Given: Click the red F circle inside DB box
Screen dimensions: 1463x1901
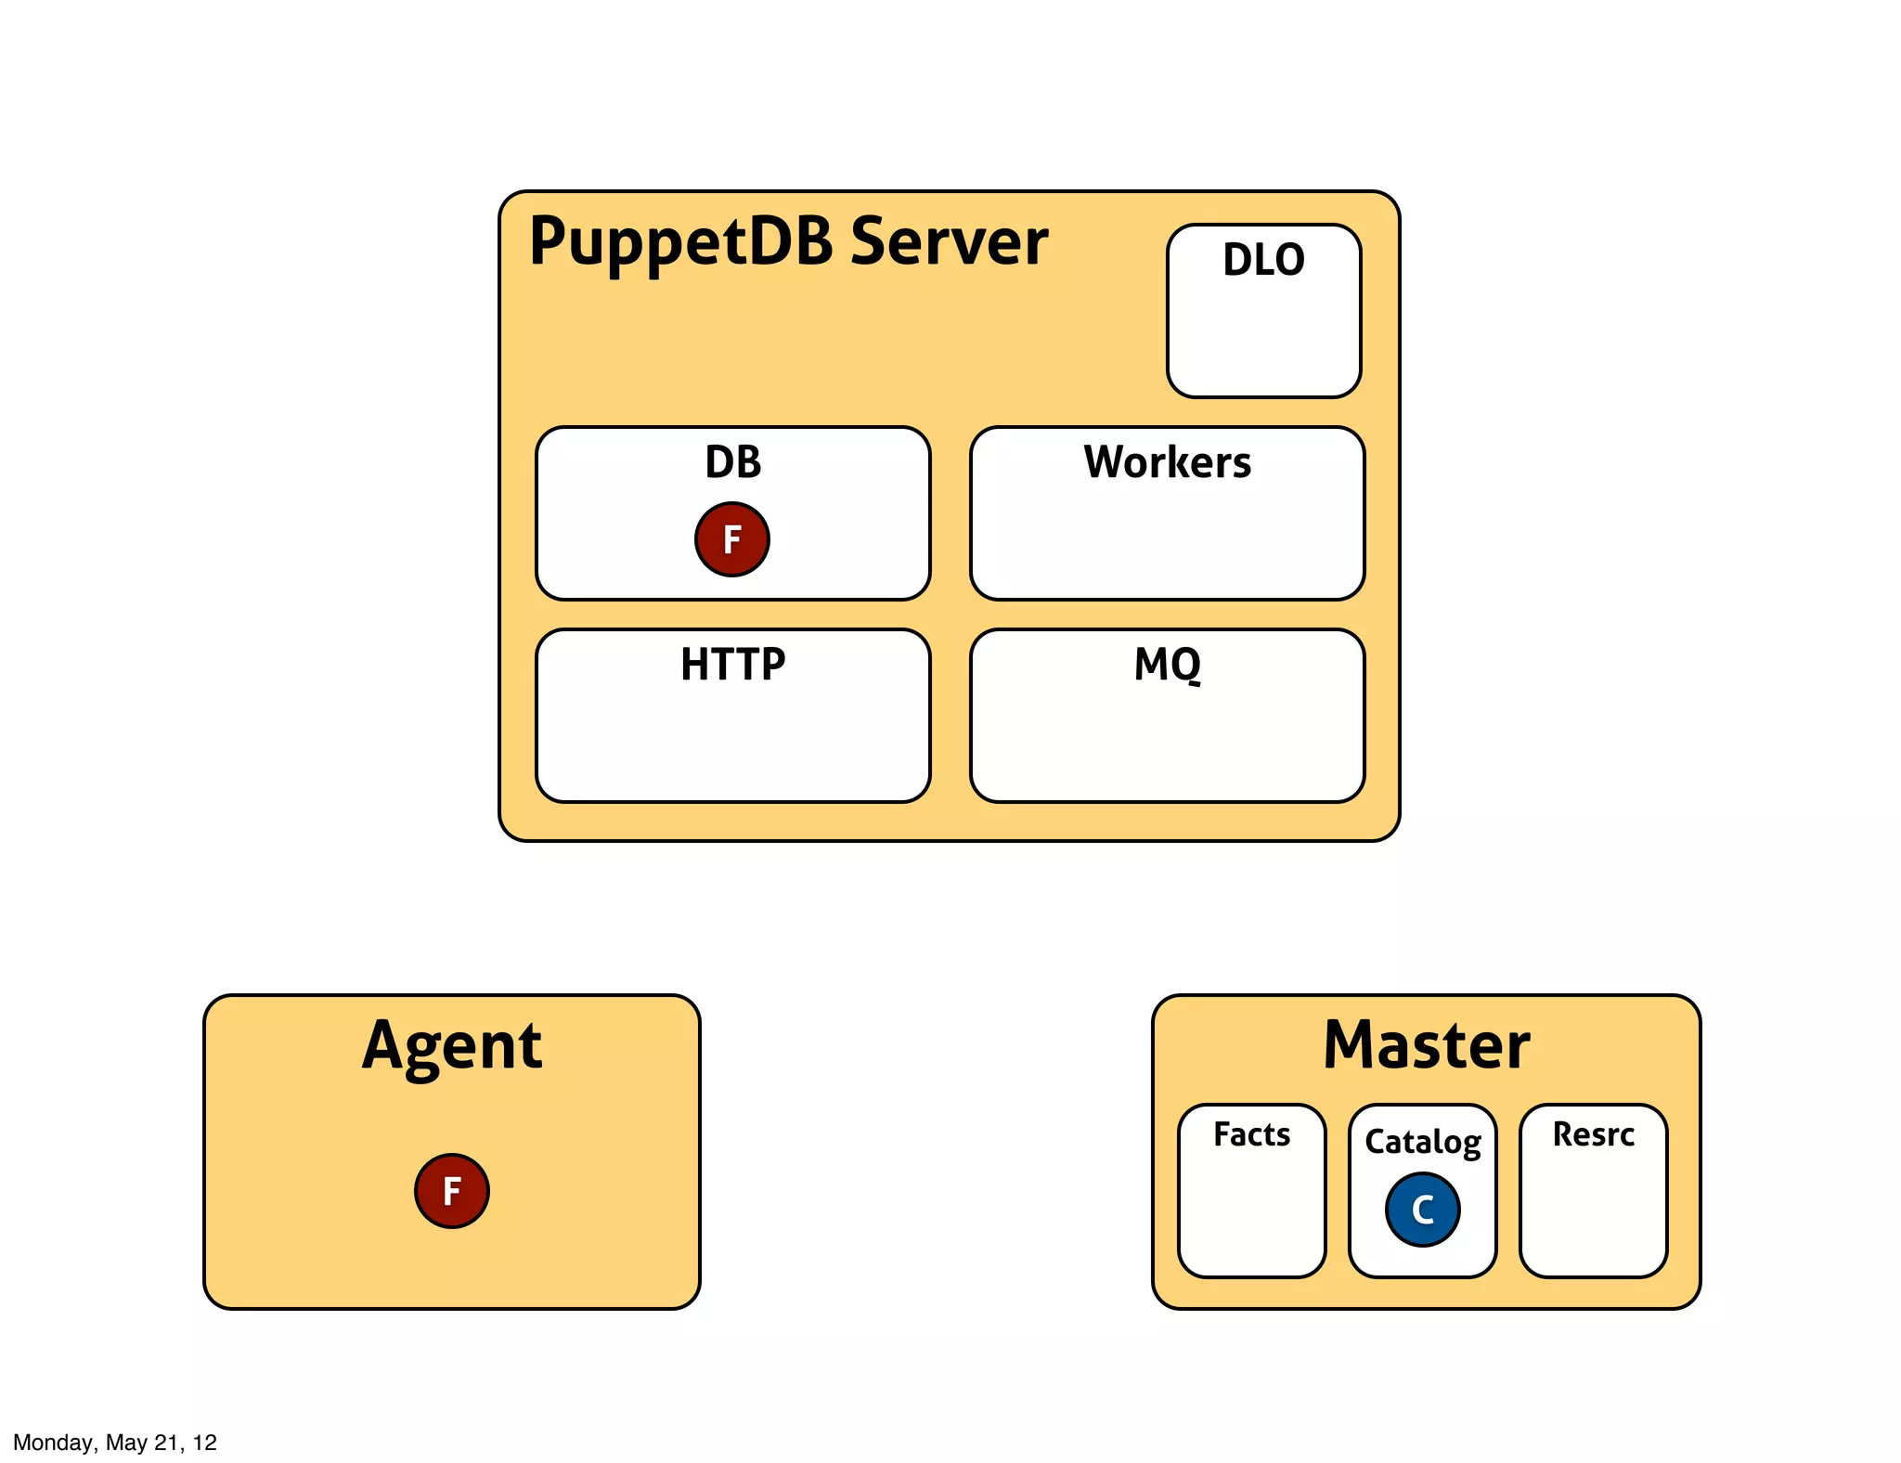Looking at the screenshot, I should pos(731,539).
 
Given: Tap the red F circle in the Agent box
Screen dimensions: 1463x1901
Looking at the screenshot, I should pos(451,1191).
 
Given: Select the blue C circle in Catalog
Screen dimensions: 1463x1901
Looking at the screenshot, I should pos(1422,1210).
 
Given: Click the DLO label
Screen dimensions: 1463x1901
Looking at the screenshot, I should pos(1263,260).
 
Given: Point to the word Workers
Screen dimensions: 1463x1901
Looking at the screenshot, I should pos(1167,462).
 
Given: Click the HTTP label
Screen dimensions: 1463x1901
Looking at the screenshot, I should pos(732,665).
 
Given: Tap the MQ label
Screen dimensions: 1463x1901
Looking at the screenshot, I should pos(1167,665).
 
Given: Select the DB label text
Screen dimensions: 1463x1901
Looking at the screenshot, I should pos(732,462).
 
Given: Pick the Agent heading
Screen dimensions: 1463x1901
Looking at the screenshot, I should pos(451,1047).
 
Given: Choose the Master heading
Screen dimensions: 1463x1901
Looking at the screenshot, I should pos(1426,1045).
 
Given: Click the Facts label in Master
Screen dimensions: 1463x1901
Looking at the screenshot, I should pos(1251,1134).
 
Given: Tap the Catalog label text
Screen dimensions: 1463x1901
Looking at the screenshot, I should pos(1422,1142).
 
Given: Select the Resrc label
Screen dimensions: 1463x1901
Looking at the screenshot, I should pos(1593,1134).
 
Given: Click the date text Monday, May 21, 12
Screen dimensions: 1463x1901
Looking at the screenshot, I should pos(115,1442).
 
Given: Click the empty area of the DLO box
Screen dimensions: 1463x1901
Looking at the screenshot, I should pos(1263,339).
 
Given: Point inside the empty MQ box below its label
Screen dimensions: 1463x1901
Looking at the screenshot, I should pos(1167,743).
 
